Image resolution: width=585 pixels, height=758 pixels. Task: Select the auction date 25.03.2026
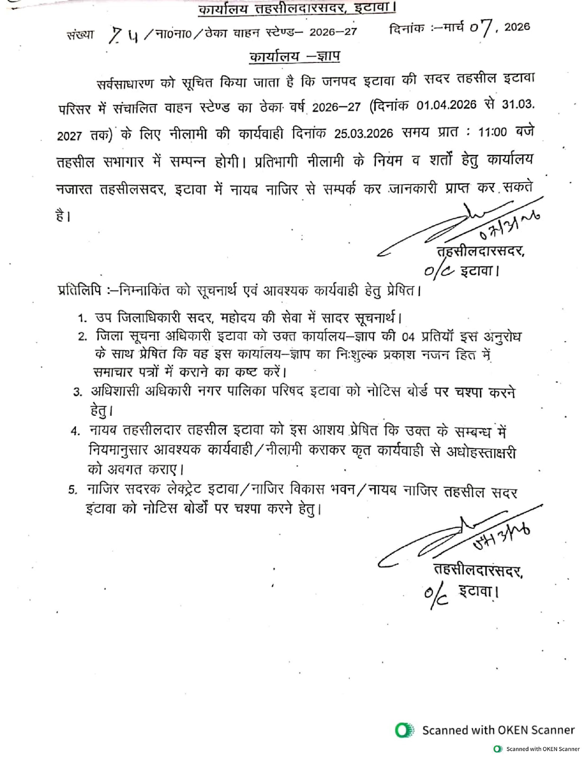point(363,134)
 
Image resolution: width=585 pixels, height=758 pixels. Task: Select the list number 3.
point(78,392)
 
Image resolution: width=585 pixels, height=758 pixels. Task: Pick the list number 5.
point(72,490)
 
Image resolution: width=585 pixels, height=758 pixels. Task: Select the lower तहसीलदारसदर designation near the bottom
point(478,570)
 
